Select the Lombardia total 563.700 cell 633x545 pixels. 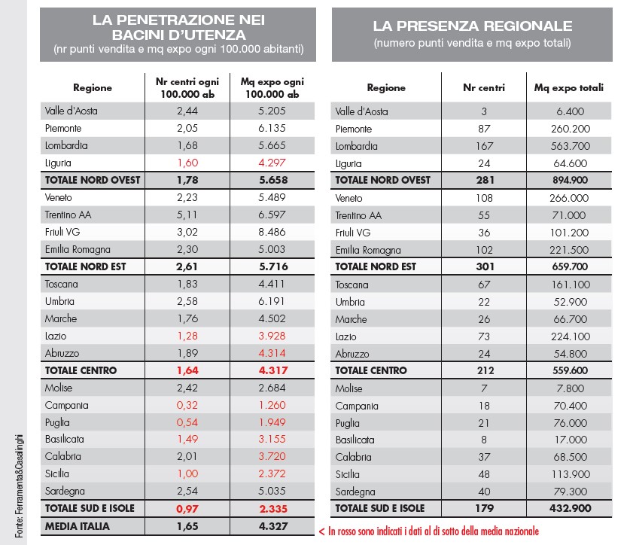coord(570,146)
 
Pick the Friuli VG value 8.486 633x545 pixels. coord(272,233)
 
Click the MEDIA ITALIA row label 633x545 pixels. coord(78,526)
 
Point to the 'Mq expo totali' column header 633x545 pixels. coord(569,88)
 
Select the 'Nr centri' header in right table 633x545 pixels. coord(484,88)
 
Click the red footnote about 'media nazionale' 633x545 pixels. coord(428,531)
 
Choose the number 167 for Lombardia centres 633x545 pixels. coord(484,146)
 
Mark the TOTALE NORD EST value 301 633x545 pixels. coord(484,267)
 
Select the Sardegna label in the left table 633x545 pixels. coord(65,491)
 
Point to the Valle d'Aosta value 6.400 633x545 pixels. coord(570,111)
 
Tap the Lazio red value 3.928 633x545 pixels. coord(272,336)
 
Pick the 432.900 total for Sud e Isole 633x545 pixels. coord(570,509)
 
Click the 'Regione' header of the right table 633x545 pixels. coord(386,88)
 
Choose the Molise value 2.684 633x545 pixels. coord(272,388)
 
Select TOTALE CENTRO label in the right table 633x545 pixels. coord(371,370)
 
